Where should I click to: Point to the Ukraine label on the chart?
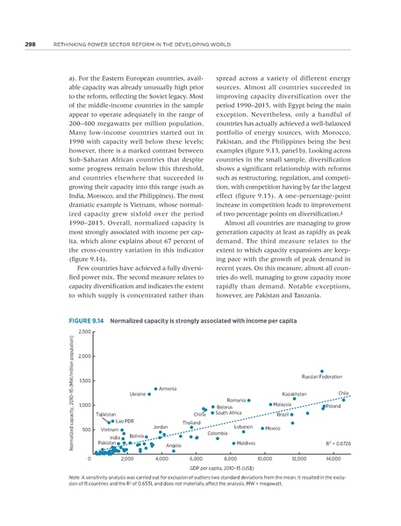point(138,394)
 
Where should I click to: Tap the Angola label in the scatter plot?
point(173,446)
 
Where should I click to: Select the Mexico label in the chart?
point(272,428)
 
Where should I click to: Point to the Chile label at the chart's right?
point(343,394)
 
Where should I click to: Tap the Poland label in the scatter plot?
point(333,407)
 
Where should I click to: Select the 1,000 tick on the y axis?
point(86,405)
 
